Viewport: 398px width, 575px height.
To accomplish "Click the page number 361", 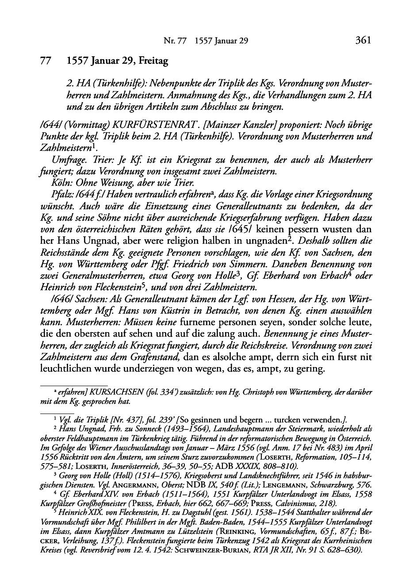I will (x=362, y=41).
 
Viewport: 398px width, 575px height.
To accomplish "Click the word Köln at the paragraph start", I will (x=60, y=183).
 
